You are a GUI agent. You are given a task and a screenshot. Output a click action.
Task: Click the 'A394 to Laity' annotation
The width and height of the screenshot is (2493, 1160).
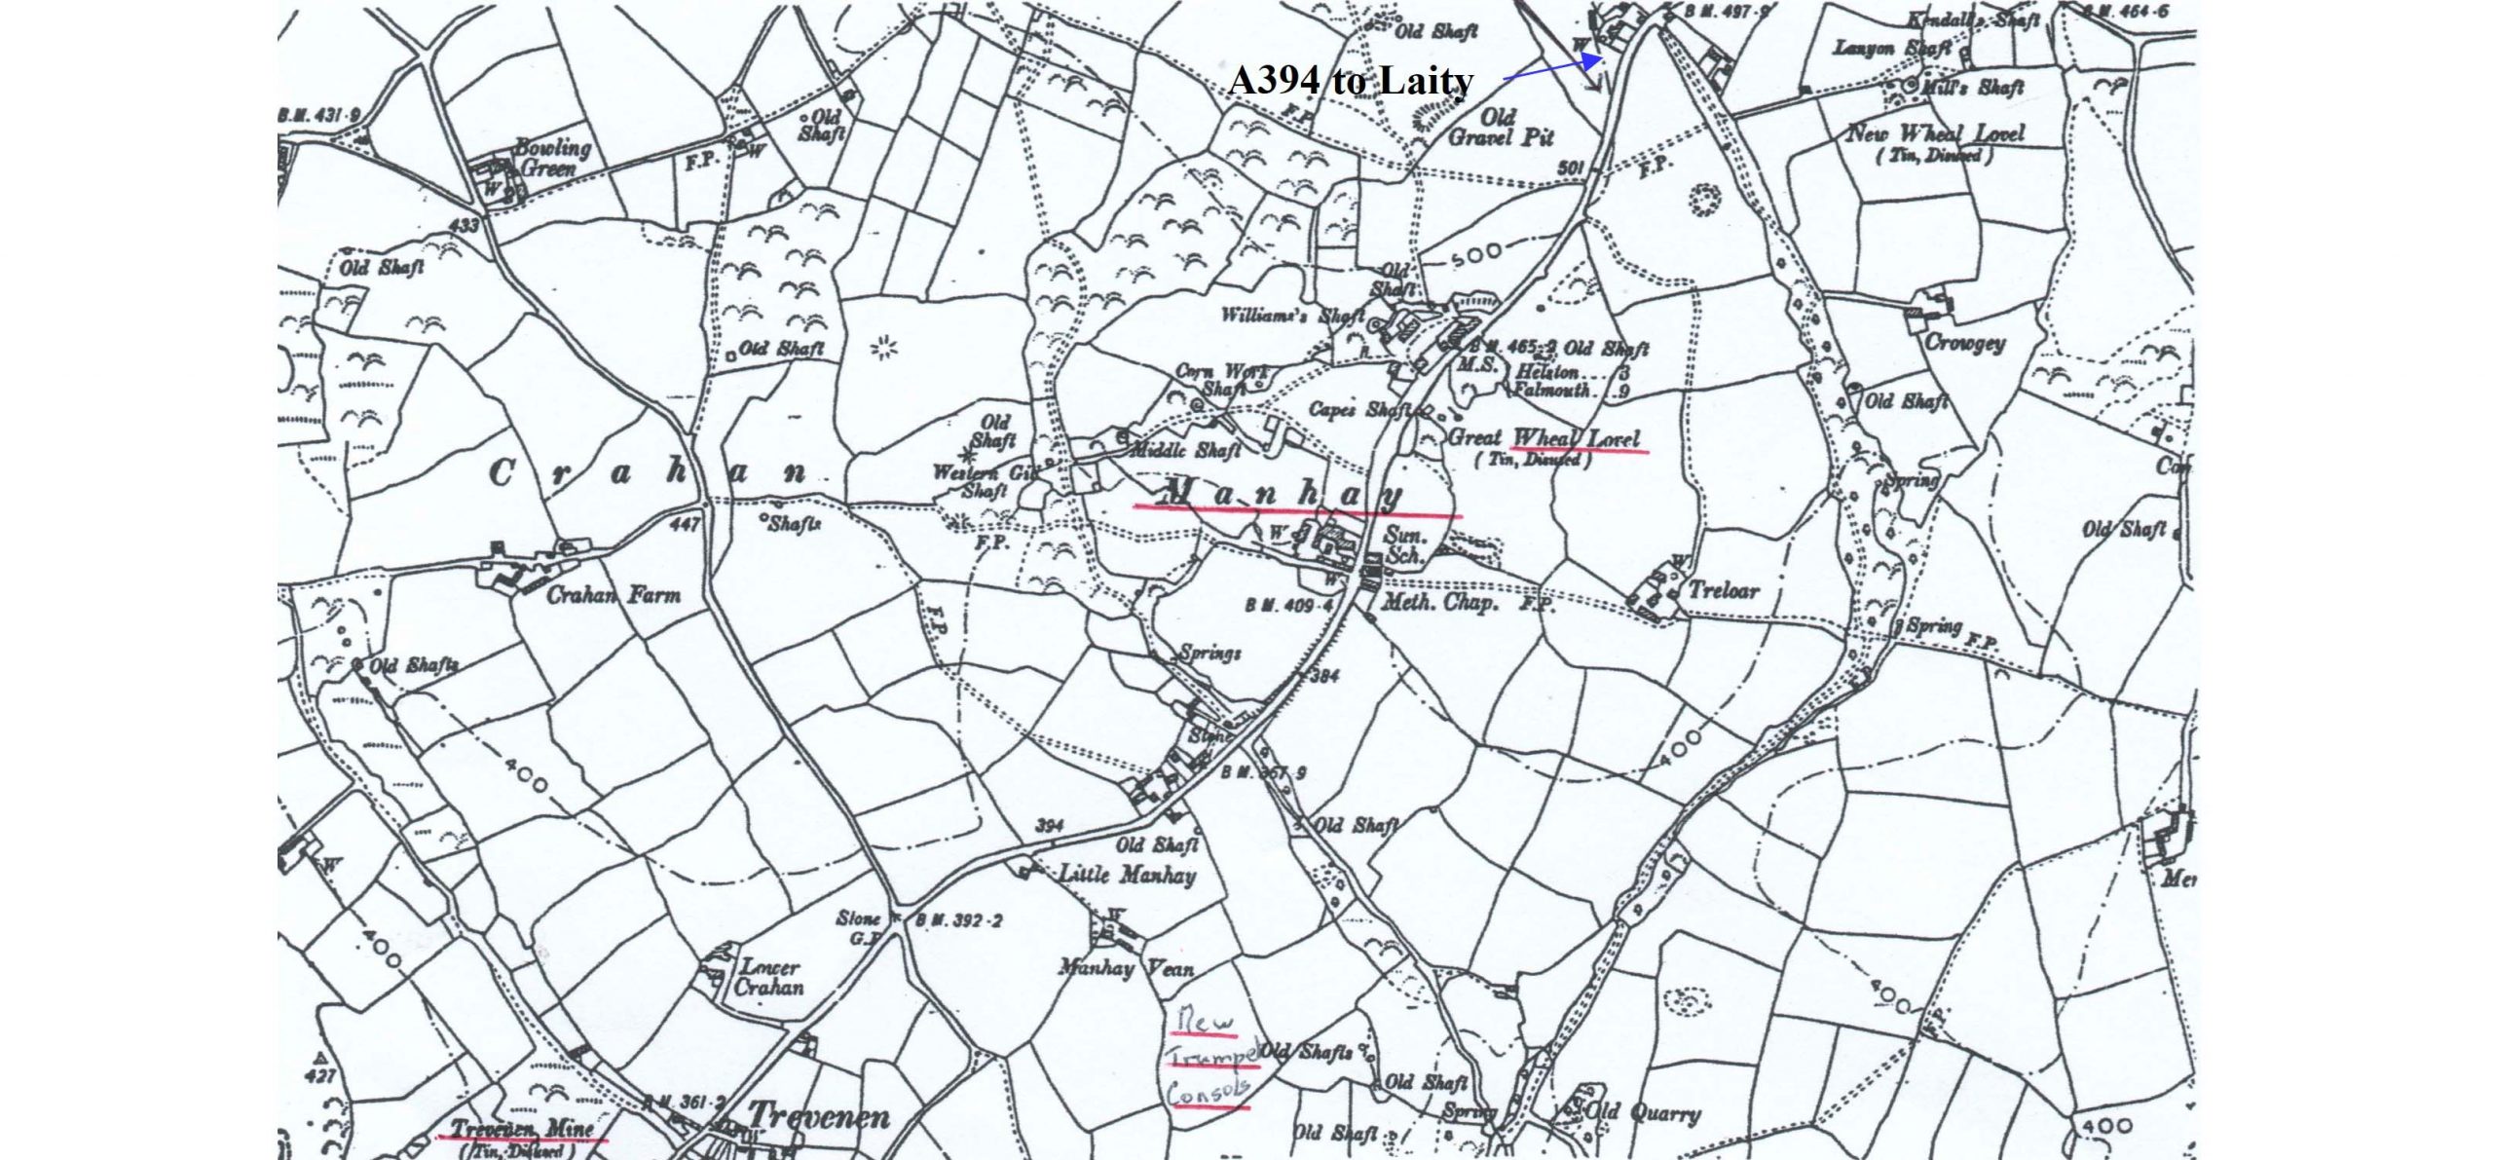click(1351, 80)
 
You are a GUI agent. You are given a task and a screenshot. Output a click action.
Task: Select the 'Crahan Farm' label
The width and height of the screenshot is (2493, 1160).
click(614, 594)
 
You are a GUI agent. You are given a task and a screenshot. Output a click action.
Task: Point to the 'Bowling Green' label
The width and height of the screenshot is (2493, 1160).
click(551, 158)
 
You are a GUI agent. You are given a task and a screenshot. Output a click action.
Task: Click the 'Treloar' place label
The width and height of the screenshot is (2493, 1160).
click(1724, 589)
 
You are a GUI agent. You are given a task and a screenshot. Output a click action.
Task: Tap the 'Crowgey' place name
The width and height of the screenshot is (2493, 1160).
click(1965, 343)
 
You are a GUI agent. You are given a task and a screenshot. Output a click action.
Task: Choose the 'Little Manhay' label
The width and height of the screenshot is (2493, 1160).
click(1127, 875)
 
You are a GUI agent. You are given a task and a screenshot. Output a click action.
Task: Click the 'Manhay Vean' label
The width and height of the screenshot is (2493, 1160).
click(1126, 968)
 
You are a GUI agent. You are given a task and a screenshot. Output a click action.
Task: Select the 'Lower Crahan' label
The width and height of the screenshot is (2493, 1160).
click(769, 977)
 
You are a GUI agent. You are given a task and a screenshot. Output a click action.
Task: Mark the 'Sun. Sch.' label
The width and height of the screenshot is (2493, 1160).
click(1404, 545)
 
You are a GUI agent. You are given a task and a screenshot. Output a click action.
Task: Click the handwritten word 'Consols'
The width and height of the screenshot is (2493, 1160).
click(1207, 1094)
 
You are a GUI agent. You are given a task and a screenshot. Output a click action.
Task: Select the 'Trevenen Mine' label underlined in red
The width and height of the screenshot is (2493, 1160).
click(522, 1129)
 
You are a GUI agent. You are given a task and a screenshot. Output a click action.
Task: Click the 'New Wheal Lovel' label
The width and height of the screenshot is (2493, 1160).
click(1936, 133)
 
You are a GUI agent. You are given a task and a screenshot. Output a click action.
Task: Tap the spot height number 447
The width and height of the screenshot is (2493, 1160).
click(685, 525)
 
